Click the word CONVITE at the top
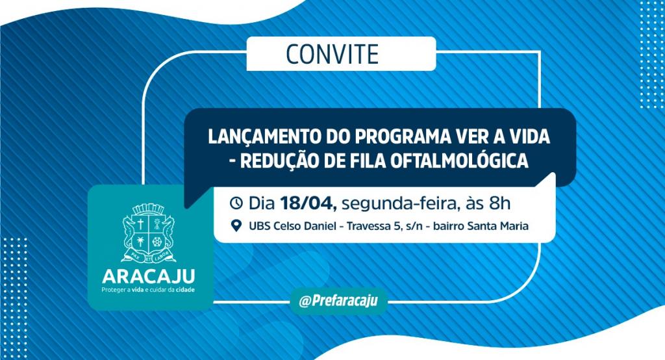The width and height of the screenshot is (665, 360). [x=332, y=53]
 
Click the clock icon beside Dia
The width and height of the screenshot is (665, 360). [x=236, y=203]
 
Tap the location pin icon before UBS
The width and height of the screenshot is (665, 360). [x=236, y=226]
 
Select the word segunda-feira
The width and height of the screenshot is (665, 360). [x=399, y=204]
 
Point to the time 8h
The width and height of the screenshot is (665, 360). [x=499, y=203]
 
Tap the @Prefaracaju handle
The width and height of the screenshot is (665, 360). [x=338, y=301]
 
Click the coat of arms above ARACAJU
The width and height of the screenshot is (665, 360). [x=148, y=232]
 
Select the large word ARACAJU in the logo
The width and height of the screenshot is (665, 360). [x=149, y=276]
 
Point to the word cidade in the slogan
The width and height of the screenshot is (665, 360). [x=185, y=290]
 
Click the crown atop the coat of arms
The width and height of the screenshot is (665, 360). [x=148, y=209]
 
